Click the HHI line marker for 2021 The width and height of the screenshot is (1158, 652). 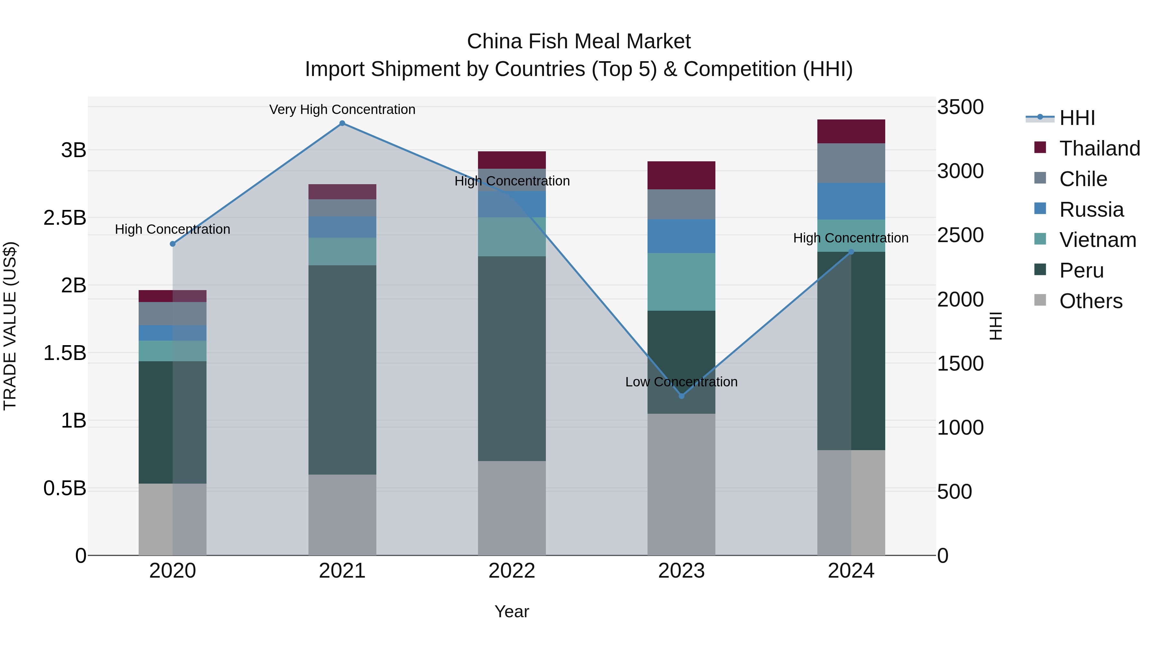click(x=342, y=123)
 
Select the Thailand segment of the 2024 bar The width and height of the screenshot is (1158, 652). click(x=850, y=131)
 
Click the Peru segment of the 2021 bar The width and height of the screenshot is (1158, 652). click(x=342, y=370)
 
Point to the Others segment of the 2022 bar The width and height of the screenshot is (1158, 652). click(x=511, y=508)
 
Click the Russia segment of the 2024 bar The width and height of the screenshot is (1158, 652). click(x=850, y=201)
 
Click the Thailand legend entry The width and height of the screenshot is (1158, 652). click(x=1099, y=148)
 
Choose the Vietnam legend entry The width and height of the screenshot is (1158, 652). click(x=1097, y=240)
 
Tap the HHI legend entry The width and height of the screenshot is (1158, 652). click(x=1077, y=118)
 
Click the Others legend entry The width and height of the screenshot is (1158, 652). click(x=1090, y=301)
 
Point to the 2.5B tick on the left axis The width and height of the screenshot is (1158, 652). click(x=65, y=218)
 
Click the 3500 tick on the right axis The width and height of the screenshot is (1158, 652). click(x=960, y=107)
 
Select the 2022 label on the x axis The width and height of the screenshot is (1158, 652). click(x=511, y=571)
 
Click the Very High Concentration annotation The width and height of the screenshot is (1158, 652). click(x=342, y=109)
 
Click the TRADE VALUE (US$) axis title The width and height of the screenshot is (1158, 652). click(x=10, y=326)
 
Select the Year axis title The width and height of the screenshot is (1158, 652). click(x=511, y=611)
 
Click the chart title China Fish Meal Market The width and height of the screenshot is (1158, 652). click(x=579, y=42)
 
